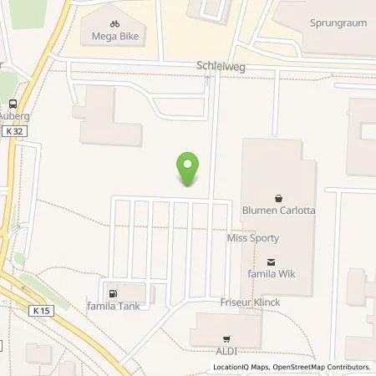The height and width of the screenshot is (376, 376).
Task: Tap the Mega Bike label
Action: pyautogui.click(x=115, y=37)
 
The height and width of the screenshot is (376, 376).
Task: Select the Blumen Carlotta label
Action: pyautogui.click(x=278, y=211)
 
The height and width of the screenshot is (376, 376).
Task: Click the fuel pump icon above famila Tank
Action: pyautogui.click(x=112, y=293)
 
